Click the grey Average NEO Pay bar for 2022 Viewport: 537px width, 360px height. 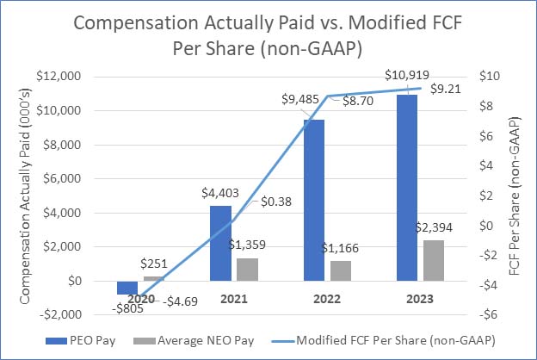click(x=340, y=270)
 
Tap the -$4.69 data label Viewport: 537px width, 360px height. click(x=181, y=301)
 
